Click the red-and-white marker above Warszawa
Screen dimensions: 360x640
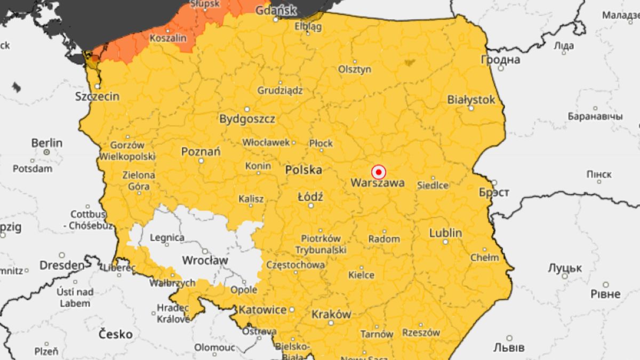[x=378, y=172]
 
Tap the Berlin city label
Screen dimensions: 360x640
[x=46, y=143]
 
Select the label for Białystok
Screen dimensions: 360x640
[x=471, y=100]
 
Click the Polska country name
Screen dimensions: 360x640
[x=303, y=170]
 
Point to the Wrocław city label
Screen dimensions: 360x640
[x=205, y=260]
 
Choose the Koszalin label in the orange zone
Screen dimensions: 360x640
[x=168, y=38]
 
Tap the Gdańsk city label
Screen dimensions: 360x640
[x=276, y=10]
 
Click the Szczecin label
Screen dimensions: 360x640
[x=98, y=97]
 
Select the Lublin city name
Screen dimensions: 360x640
[x=445, y=233]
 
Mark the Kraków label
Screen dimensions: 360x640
[x=331, y=314]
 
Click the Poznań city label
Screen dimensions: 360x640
[x=201, y=151]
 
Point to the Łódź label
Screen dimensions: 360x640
[x=310, y=197]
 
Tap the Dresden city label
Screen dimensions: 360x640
[x=61, y=265]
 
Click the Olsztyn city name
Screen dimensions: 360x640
[x=355, y=69]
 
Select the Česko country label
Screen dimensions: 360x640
[x=116, y=334]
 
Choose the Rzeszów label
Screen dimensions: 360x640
[x=421, y=332]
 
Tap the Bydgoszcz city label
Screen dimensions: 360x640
[x=247, y=118]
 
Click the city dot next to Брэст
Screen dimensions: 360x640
[x=494, y=182]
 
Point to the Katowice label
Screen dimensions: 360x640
[x=262, y=309]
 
